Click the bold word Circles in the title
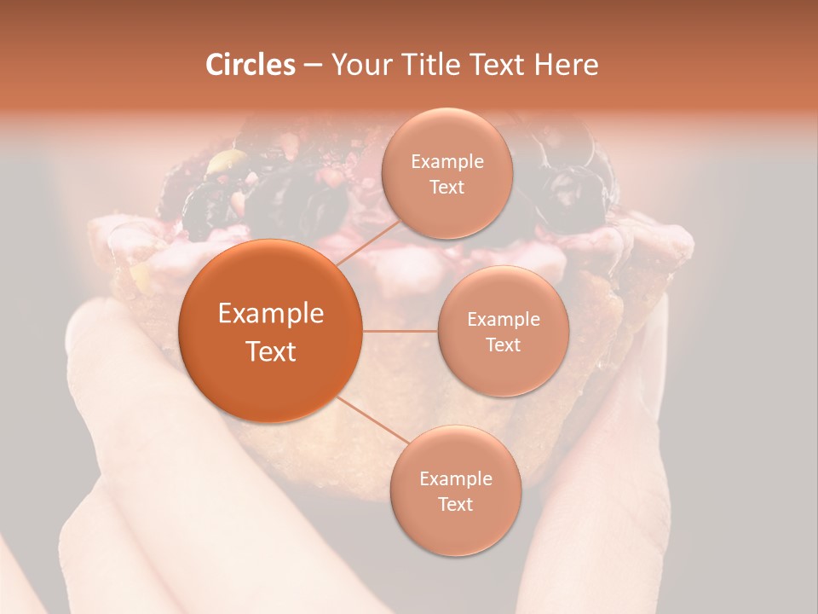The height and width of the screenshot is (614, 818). [250, 65]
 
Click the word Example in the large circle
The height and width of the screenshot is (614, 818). [271, 314]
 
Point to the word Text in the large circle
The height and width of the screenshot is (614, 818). [271, 351]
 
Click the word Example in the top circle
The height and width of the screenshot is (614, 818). [447, 162]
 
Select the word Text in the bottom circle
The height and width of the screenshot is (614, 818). [455, 505]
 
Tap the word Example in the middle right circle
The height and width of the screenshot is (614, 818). [504, 320]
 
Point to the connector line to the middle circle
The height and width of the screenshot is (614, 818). [400, 330]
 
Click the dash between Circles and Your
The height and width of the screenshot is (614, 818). [313, 66]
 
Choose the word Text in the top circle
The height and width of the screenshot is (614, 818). [446, 188]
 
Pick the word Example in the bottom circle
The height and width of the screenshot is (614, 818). [456, 479]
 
